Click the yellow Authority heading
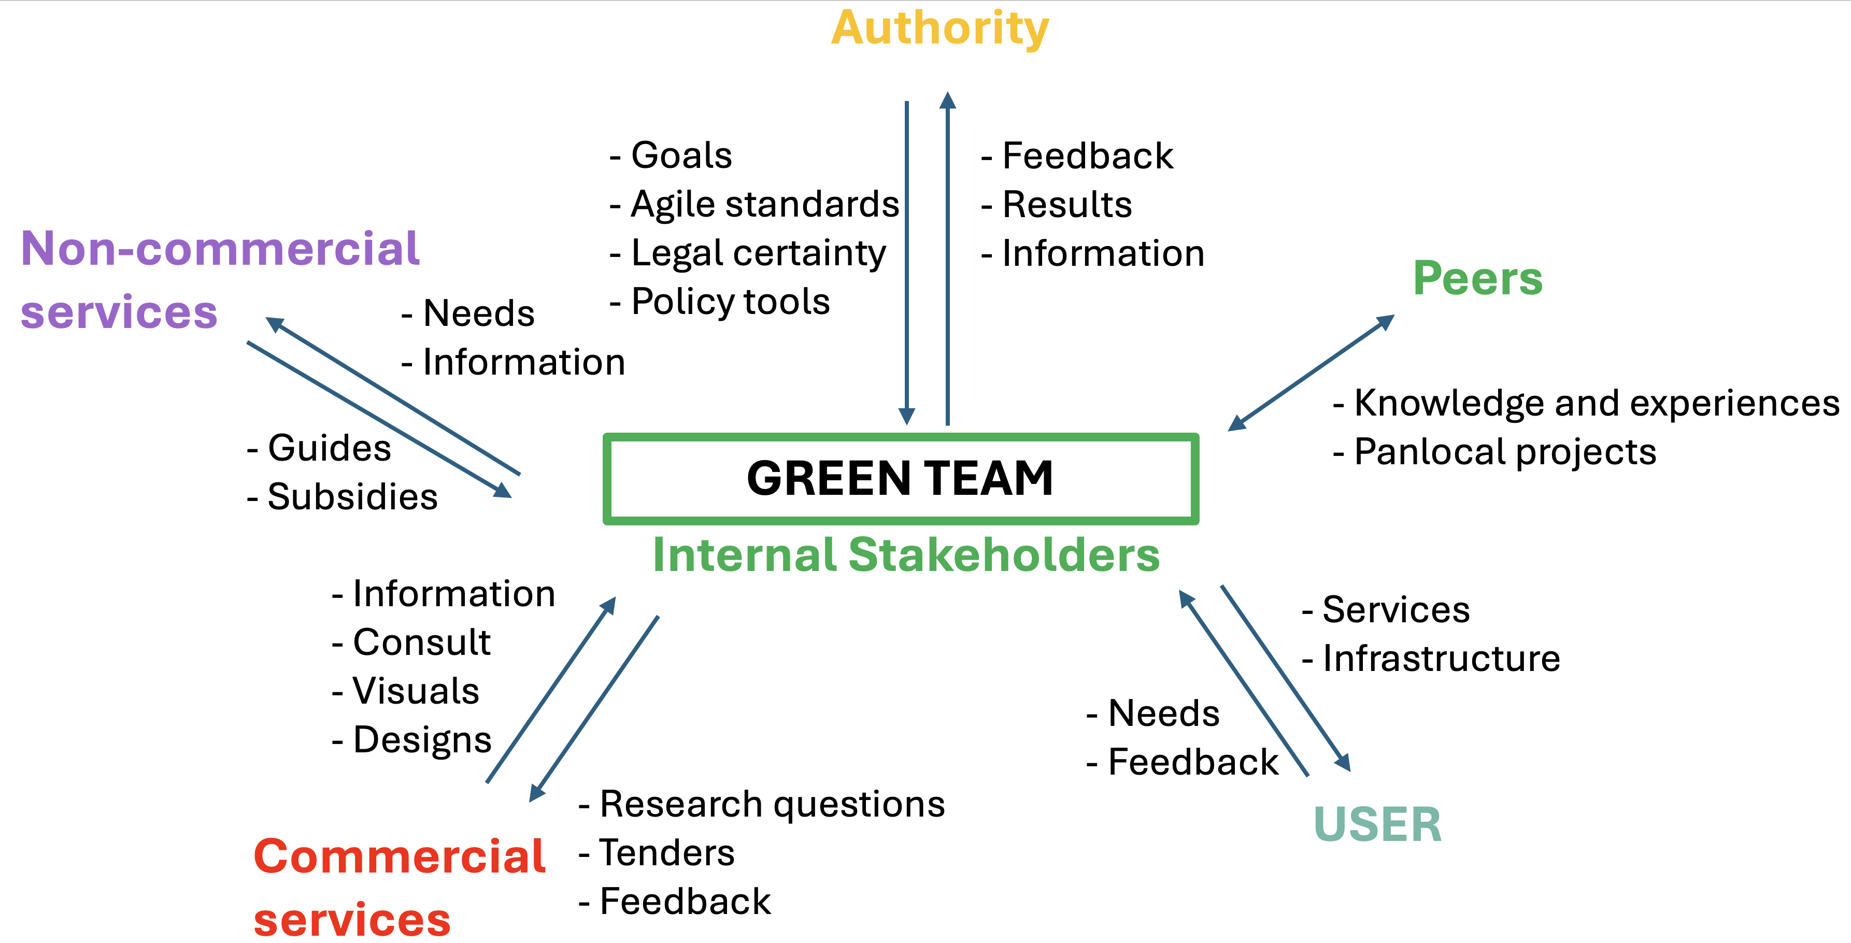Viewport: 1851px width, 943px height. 940,28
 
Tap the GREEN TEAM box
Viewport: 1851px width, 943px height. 900,478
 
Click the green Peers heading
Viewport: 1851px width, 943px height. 1477,279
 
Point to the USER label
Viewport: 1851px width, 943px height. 1377,824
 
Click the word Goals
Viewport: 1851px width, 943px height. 681,156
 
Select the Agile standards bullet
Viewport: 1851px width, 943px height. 764,205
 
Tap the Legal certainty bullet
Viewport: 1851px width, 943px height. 758,253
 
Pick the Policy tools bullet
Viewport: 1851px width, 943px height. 730,302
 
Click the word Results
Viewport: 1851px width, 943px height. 1067,205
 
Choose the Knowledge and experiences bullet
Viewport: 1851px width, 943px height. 1596,404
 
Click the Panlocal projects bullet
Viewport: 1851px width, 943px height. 1505,452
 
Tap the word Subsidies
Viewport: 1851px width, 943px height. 352,497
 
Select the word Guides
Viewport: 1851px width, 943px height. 329,449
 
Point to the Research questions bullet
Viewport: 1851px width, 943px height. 772,804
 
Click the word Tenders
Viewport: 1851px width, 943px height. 667,853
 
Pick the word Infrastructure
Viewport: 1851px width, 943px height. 1441,659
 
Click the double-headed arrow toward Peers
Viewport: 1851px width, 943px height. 1312,373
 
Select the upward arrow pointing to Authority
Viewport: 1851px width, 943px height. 948,259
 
